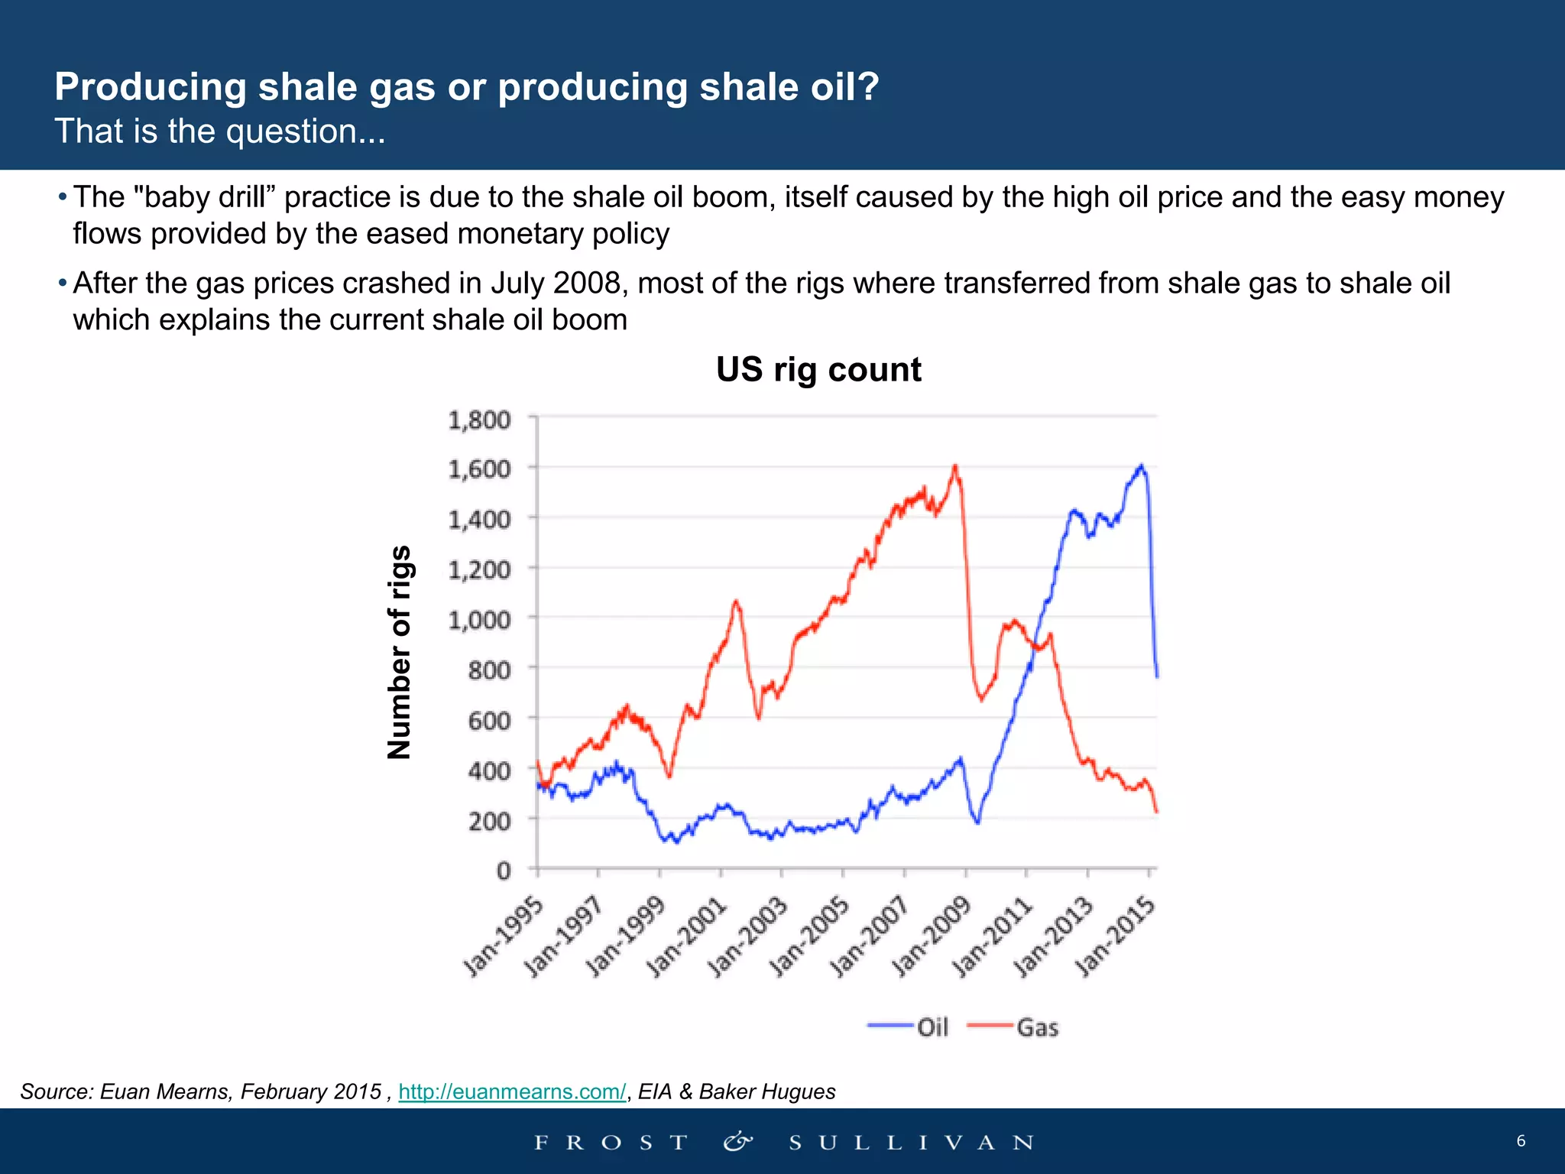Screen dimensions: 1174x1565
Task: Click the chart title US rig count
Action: pos(818,370)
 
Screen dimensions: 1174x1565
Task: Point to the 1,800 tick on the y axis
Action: pos(479,420)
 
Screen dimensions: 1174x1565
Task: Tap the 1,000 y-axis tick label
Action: pos(479,619)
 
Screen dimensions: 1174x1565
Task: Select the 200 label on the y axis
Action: pos(489,821)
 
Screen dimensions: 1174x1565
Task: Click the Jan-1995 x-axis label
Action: pos(505,938)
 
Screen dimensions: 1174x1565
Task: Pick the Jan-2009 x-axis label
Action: pos(932,938)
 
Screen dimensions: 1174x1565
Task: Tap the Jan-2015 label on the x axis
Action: pos(1116,938)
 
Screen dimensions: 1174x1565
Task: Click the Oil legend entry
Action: pos(909,1026)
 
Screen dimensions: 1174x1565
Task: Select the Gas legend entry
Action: pos(1014,1026)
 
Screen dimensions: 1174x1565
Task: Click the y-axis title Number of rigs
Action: pos(400,652)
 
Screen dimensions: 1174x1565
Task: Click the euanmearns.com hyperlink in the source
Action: pos(512,1091)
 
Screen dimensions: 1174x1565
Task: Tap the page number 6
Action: pos(1521,1141)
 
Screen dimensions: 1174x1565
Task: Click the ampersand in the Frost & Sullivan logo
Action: pos(738,1142)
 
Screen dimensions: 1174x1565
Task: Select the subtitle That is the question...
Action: pos(220,131)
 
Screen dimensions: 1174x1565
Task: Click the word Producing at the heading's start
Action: pos(151,87)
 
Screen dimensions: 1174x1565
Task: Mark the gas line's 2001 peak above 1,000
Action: pos(736,602)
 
